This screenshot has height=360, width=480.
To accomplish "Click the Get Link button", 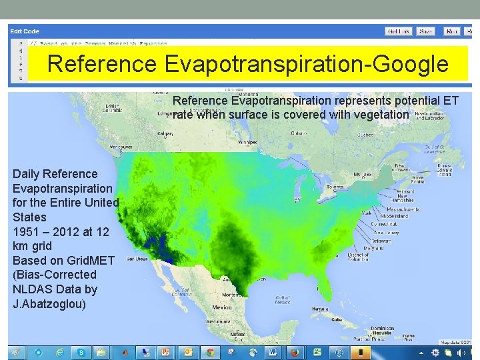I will tap(400, 31).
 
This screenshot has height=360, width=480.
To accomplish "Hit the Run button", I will tap(451, 31).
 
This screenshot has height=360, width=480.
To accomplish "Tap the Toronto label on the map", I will tap(335, 188).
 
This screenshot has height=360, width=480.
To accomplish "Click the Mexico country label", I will tap(221, 307).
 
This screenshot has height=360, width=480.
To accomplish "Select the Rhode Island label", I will tap(394, 216).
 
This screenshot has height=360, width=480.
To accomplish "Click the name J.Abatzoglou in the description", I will tap(48, 304).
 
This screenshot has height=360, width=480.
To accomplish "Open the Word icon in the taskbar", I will tap(272, 352).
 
